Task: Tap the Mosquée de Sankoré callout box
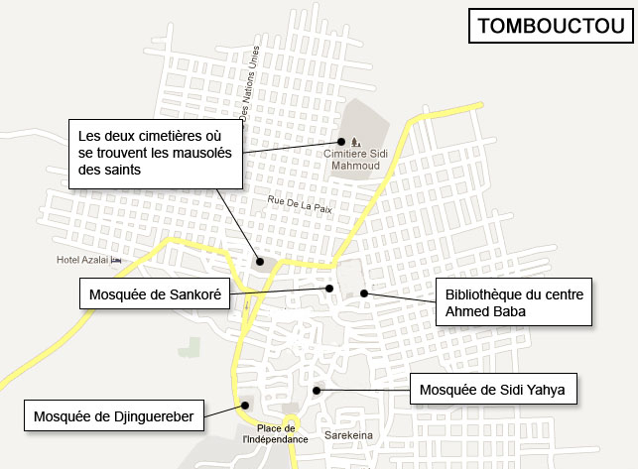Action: point(154,293)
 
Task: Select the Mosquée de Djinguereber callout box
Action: point(114,414)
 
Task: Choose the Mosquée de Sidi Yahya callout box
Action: point(492,390)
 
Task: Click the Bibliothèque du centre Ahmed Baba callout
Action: point(514,302)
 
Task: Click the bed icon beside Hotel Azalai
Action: point(116,260)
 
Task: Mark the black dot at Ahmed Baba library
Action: point(364,293)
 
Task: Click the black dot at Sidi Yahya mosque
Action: point(318,389)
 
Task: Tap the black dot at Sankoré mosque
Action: point(329,289)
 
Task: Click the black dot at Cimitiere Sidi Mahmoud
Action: point(342,140)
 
